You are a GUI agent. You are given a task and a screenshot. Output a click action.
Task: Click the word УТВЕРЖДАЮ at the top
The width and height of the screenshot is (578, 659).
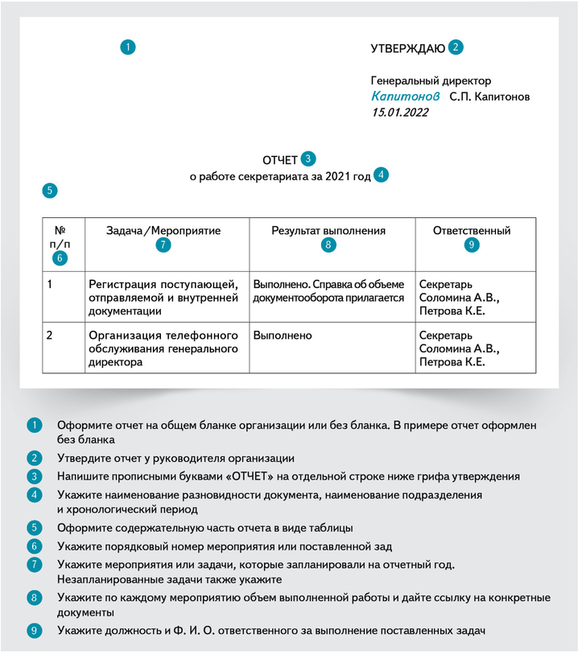tap(407, 48)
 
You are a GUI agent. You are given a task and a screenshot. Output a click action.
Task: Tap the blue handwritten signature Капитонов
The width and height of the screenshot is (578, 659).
tap(406, 96)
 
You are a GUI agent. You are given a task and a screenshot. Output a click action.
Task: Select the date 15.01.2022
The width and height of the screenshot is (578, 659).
tap(400, 113)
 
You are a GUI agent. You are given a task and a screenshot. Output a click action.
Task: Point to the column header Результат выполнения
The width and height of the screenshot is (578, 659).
tap(328, 231)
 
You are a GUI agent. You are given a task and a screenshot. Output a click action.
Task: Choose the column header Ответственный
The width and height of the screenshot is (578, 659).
tap(472, 231)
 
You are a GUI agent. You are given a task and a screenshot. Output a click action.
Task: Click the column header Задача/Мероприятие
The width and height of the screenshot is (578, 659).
tap(163, 231)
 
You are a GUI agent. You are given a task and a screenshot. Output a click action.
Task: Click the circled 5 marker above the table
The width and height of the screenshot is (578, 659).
tap(50, 191)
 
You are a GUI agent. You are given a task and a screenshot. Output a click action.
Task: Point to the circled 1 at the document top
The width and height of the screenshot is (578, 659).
tap(128, 47)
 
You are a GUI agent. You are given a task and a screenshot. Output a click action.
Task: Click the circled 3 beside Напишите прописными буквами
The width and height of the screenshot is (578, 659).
tap(34, 476)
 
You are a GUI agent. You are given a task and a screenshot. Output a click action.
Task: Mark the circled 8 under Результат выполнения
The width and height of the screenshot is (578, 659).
tap(328, 245)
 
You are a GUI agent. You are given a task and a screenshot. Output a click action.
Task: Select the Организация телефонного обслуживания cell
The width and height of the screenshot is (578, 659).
tap(164, 348)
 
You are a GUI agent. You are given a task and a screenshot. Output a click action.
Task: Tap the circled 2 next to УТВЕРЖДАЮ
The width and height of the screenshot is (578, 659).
tap(456, 47)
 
